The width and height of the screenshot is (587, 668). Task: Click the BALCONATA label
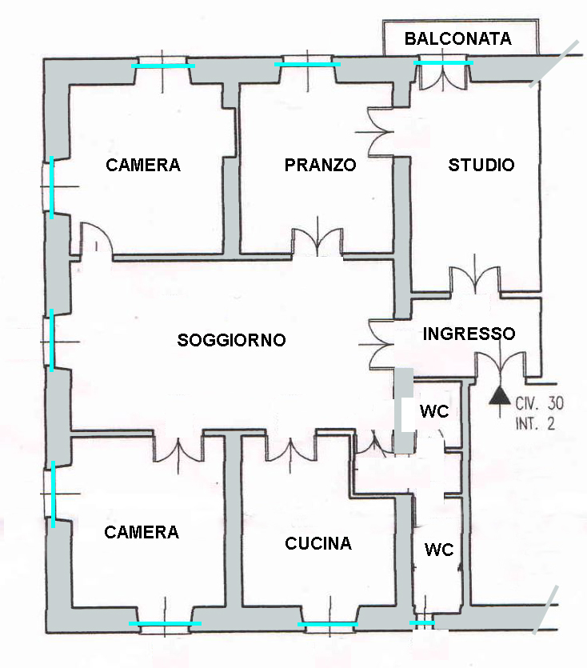pyautogui.click(x=458, y=38)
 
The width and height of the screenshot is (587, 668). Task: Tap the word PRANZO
pyautogui.click(x=321, y=165)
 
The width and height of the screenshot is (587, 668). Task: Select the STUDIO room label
pyautogui.click(x=481, y=165)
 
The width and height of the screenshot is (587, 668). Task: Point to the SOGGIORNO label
pyautogui.click(x=231, y=340)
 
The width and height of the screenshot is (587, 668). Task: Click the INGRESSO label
pyautogui.click(x=469, y=334)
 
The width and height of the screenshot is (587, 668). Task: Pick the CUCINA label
pyautogui.click(x=318, y=544)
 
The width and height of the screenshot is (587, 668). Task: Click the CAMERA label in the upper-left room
pyautogui.click(x=143, y=165)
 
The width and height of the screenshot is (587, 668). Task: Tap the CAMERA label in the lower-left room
pyautogui.click(x=142, y=532)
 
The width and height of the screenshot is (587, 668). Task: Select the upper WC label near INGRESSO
pyautogui.click(x=434, y=411)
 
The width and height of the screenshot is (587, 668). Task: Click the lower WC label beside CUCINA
pyautogui.click(x=439, y=550)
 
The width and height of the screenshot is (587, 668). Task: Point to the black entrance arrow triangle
pyautogui.click(x=500, y=396)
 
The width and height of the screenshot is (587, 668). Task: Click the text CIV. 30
pyautogui.click(x=539, y=403)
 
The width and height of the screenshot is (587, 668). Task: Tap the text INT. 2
pyautogui.click(x=535, y=424)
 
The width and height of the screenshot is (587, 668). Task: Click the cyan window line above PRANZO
pyautogui.click(x=307, y=64)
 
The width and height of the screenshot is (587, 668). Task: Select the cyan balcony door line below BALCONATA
pyautogui.click(x=443, y=62)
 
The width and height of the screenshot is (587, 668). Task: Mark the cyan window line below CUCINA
pyautogui.click(x=328, y=624)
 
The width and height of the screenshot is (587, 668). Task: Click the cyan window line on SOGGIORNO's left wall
pyautogui.click(x=52, y=340)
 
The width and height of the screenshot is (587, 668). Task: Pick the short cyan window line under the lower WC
pyautogui.click(x=422, y=623)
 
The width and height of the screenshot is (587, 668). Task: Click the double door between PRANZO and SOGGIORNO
pyautogui.click(x=317, y=243)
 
